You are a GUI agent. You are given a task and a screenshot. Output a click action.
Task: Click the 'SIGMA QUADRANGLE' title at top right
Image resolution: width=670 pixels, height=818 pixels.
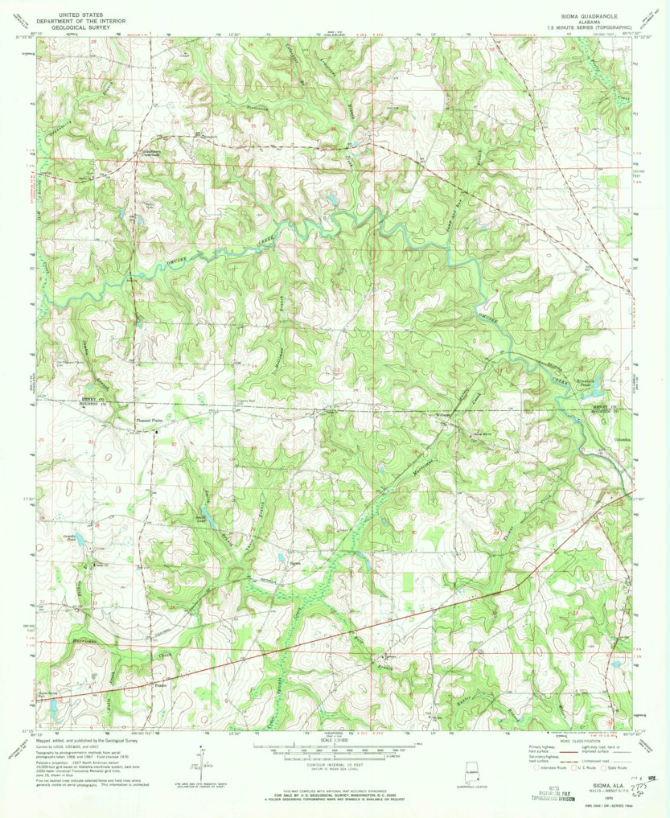(x=567, y=16)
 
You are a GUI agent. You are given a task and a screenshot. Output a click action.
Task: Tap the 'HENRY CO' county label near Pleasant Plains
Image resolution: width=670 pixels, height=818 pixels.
(x=83, y=400)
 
